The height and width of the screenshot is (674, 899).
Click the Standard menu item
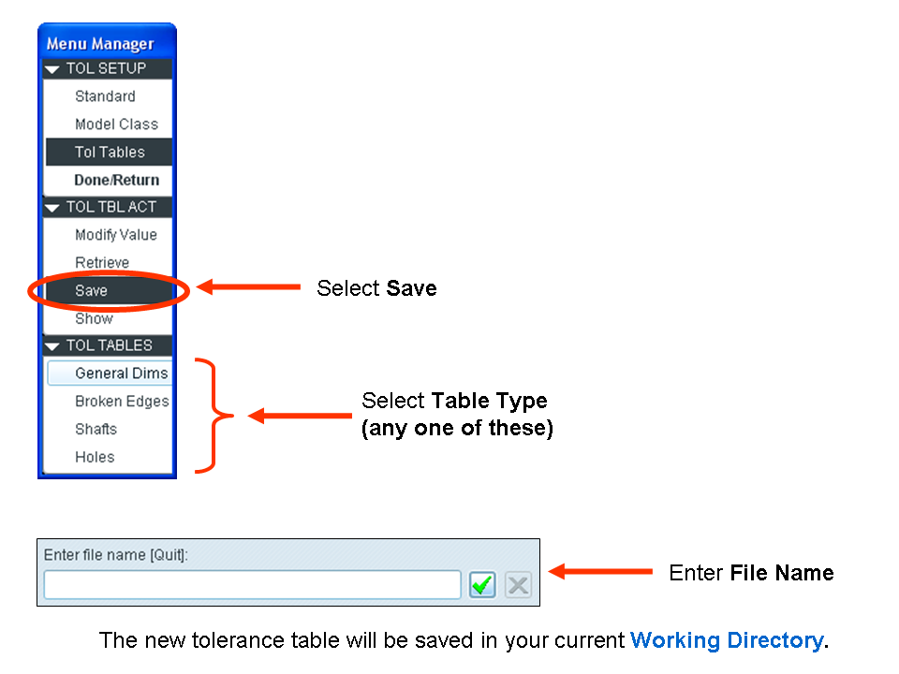click(105, 96)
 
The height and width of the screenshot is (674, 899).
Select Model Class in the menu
click(116, 125)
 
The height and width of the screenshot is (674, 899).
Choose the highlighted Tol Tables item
click(109, 152)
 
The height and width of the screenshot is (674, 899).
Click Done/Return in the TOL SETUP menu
click(116, 180)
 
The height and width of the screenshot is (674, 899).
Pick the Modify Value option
click(116, 235)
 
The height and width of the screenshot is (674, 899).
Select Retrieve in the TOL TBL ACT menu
click(102, 262)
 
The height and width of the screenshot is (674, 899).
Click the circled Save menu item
click(91, 290)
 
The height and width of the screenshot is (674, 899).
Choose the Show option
click(94, 318)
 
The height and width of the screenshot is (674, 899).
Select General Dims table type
click(122, 374)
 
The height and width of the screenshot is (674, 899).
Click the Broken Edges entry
click(122, 402)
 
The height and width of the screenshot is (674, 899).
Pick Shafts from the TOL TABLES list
click(96, 430)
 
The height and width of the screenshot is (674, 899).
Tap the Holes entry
click(95, 458)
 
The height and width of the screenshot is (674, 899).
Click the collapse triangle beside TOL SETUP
click(52, 69)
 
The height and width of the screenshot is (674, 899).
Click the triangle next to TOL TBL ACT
click(52, 208)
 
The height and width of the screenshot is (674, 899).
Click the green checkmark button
click(482, 584)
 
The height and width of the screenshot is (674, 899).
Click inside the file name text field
click(252, 584)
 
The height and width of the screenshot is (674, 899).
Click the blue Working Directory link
click(727, 640)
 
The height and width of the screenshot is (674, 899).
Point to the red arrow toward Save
click(249, 286)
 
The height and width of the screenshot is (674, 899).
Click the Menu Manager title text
click(100, 44)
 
